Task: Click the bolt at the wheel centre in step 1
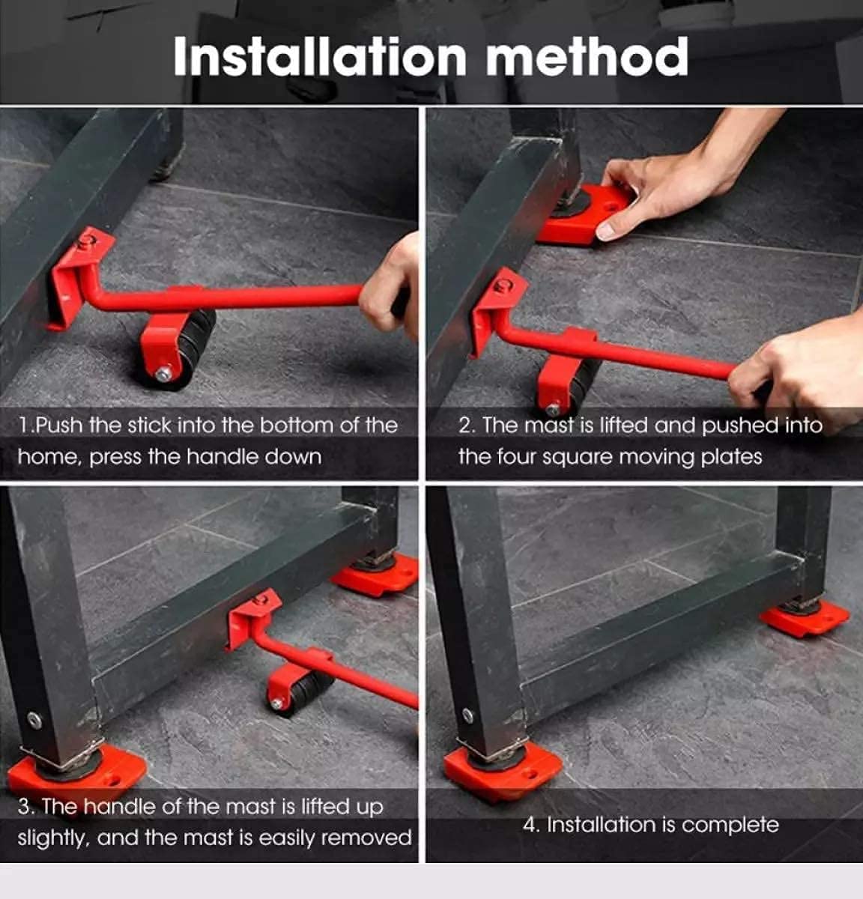(x=163, y=372)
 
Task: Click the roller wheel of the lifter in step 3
(x=303, y=693)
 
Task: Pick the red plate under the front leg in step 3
(x=75, y=772)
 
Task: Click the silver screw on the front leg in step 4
(x=467, y=715)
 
